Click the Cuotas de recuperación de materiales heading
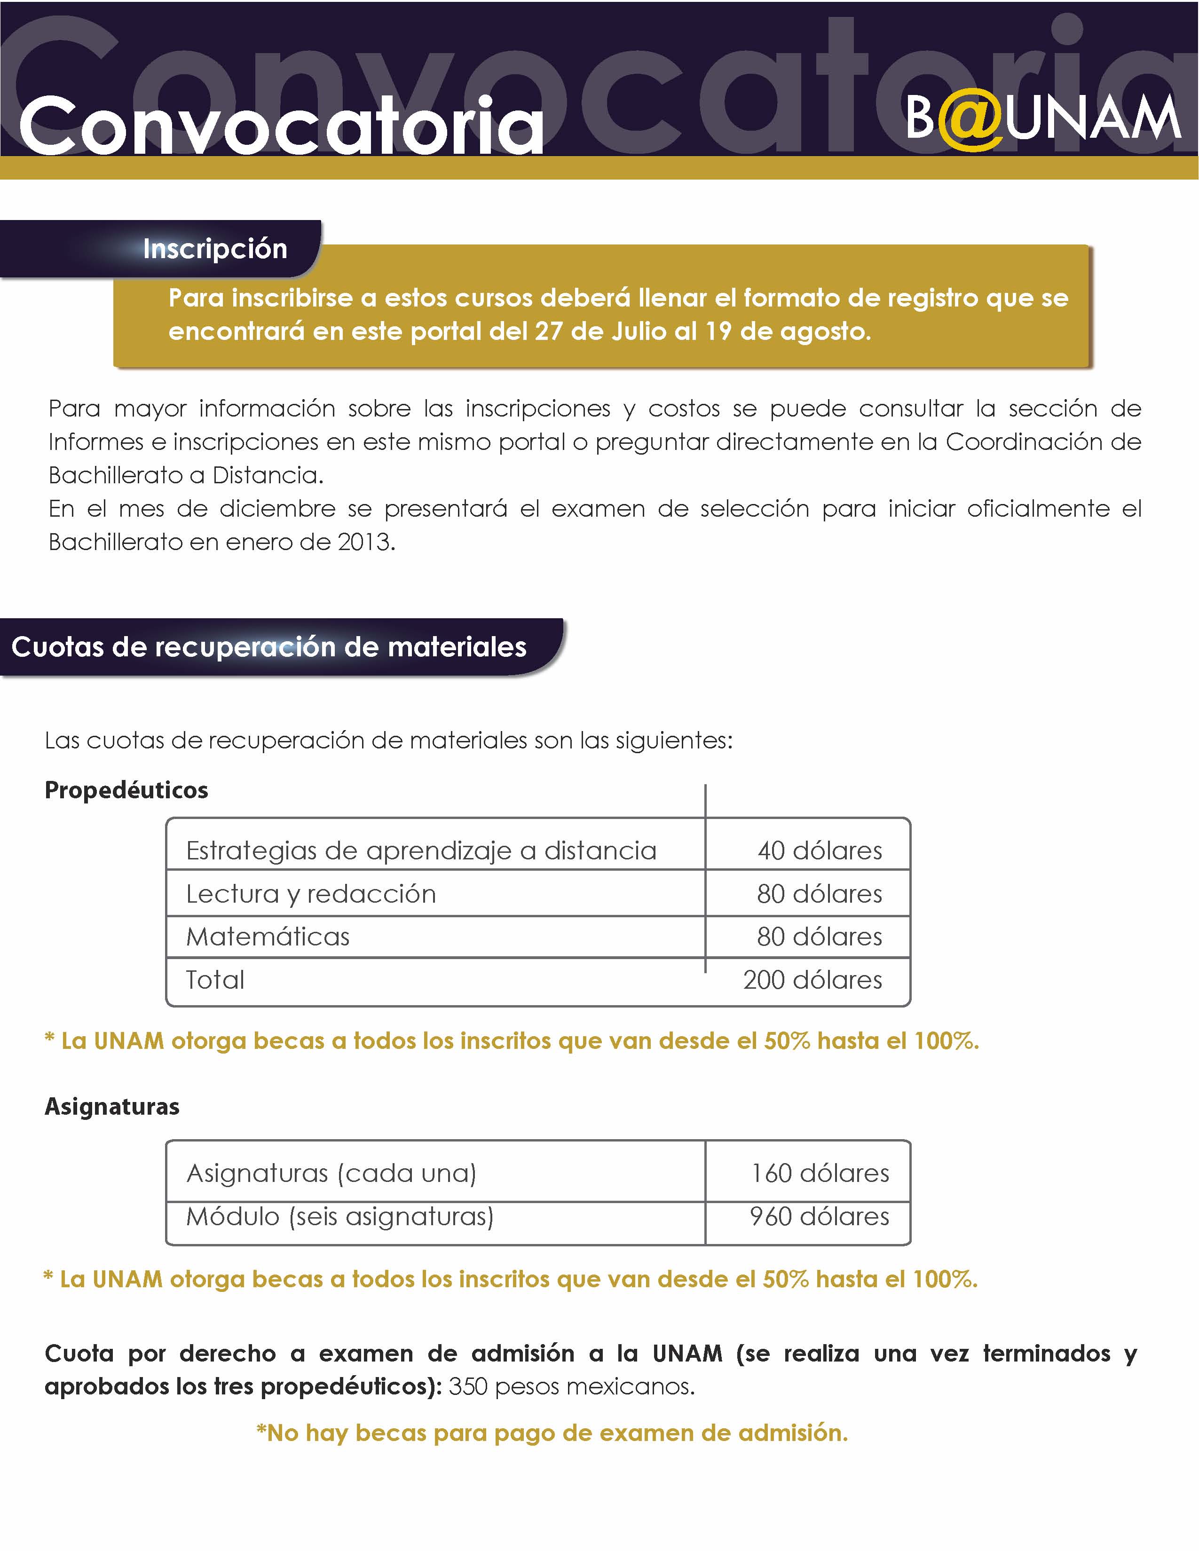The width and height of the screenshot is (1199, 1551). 269,647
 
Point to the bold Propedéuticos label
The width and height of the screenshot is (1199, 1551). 126,790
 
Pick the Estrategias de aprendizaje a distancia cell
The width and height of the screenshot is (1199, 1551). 421,851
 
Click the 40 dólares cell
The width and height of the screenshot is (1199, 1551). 820,851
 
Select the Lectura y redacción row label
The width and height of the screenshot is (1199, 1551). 311,894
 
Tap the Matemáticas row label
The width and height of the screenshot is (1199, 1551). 268,937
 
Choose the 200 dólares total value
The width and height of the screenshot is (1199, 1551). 812,981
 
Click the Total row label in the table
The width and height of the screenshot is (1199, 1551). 215,981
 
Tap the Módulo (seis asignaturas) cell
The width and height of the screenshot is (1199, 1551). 339,1217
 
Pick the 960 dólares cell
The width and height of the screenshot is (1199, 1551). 820,1217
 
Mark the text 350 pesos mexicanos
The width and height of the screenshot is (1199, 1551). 572,1387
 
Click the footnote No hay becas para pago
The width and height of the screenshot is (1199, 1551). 552,1433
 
